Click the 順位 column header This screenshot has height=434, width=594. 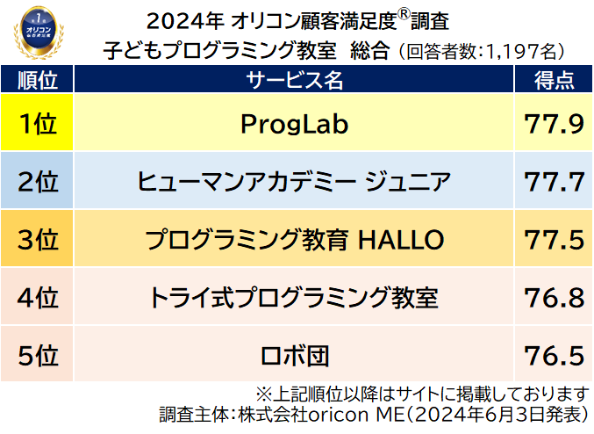click(x=37, y=81)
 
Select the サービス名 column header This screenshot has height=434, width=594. click(x=295, y=81)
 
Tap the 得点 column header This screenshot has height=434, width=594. click(x=554, y=81)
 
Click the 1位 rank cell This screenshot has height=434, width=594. click(x=37, y=124)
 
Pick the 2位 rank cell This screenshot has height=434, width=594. click(x=37, y=182)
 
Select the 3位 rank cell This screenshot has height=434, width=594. click(x=37, y=239)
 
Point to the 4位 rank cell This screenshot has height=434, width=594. click(x=37, y=297)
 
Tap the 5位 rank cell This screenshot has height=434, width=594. click(x=37, y=355)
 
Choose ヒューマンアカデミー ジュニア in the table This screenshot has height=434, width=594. click(x=295, y=182)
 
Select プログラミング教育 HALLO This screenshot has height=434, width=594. click(x=295, y=239)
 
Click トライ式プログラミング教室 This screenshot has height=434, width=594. click(x=295, y=297)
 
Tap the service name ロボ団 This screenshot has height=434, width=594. click(x=295, y=355)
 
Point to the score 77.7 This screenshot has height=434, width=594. click(x=554, y=182)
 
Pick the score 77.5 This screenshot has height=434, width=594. click(x=554, y=239)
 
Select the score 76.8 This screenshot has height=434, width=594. click(x=554, y=297)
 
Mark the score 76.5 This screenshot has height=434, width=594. click(x=554, y=355)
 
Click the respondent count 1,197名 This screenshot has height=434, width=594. click(x=525, y=50)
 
